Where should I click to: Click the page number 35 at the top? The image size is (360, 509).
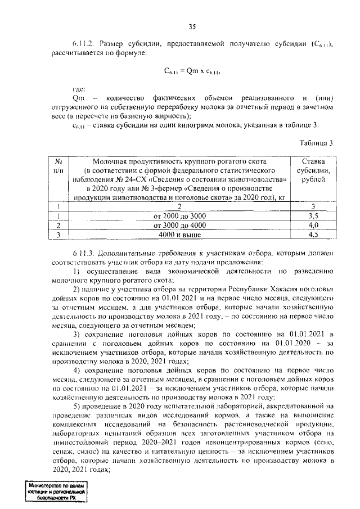(x=192, y=26)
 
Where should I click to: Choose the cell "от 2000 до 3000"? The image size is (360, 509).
(x=175, y=215)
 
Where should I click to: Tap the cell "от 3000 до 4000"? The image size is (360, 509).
(x=175, y=225)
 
